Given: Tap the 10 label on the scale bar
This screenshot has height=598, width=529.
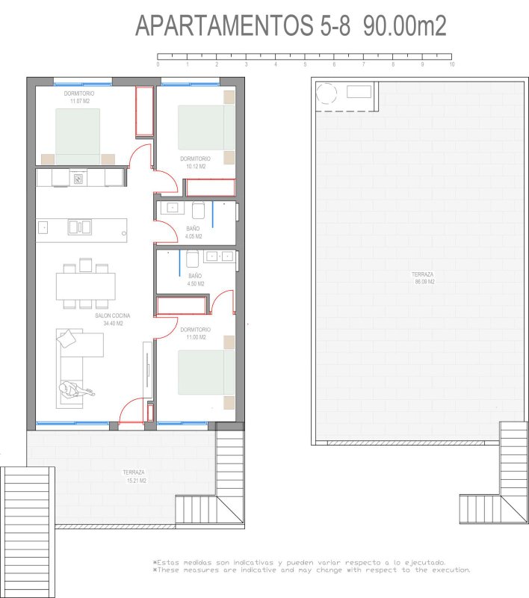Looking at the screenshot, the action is click(451, 64).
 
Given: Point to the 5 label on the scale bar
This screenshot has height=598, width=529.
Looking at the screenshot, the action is click(305, 64).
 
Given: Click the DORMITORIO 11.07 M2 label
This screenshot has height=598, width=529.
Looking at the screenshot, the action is click(79, 97).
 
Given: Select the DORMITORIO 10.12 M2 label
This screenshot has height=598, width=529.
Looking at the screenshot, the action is click(196, 162).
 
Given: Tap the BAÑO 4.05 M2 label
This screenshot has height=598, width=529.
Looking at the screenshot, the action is click(194, 232).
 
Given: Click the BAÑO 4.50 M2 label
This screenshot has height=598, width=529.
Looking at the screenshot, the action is click(196, 280).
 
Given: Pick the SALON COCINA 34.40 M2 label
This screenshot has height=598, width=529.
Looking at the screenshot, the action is click(113, 319).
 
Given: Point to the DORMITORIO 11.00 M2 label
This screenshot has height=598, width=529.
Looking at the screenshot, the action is click(196, 333).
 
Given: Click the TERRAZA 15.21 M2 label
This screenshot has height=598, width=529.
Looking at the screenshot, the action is click(134, 476).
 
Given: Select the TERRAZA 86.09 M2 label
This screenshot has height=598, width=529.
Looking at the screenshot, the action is click(424, 278).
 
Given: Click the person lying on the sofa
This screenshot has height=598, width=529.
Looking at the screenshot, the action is click(76, 389).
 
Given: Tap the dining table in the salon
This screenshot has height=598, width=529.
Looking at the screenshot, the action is click(86, 286).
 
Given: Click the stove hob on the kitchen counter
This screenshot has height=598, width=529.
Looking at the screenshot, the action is click(78, 179).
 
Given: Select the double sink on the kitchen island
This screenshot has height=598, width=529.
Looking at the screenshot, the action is click(80, 227).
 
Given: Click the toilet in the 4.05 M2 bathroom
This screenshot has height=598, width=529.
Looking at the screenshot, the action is click(199, 210).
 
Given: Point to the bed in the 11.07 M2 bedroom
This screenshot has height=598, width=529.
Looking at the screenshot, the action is click(78, 137).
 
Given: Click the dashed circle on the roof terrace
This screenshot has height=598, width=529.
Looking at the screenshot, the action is click(327, 93).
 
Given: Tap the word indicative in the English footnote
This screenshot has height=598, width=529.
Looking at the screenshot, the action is click(258, 570).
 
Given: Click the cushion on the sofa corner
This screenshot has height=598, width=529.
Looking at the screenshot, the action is click(66, 339).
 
